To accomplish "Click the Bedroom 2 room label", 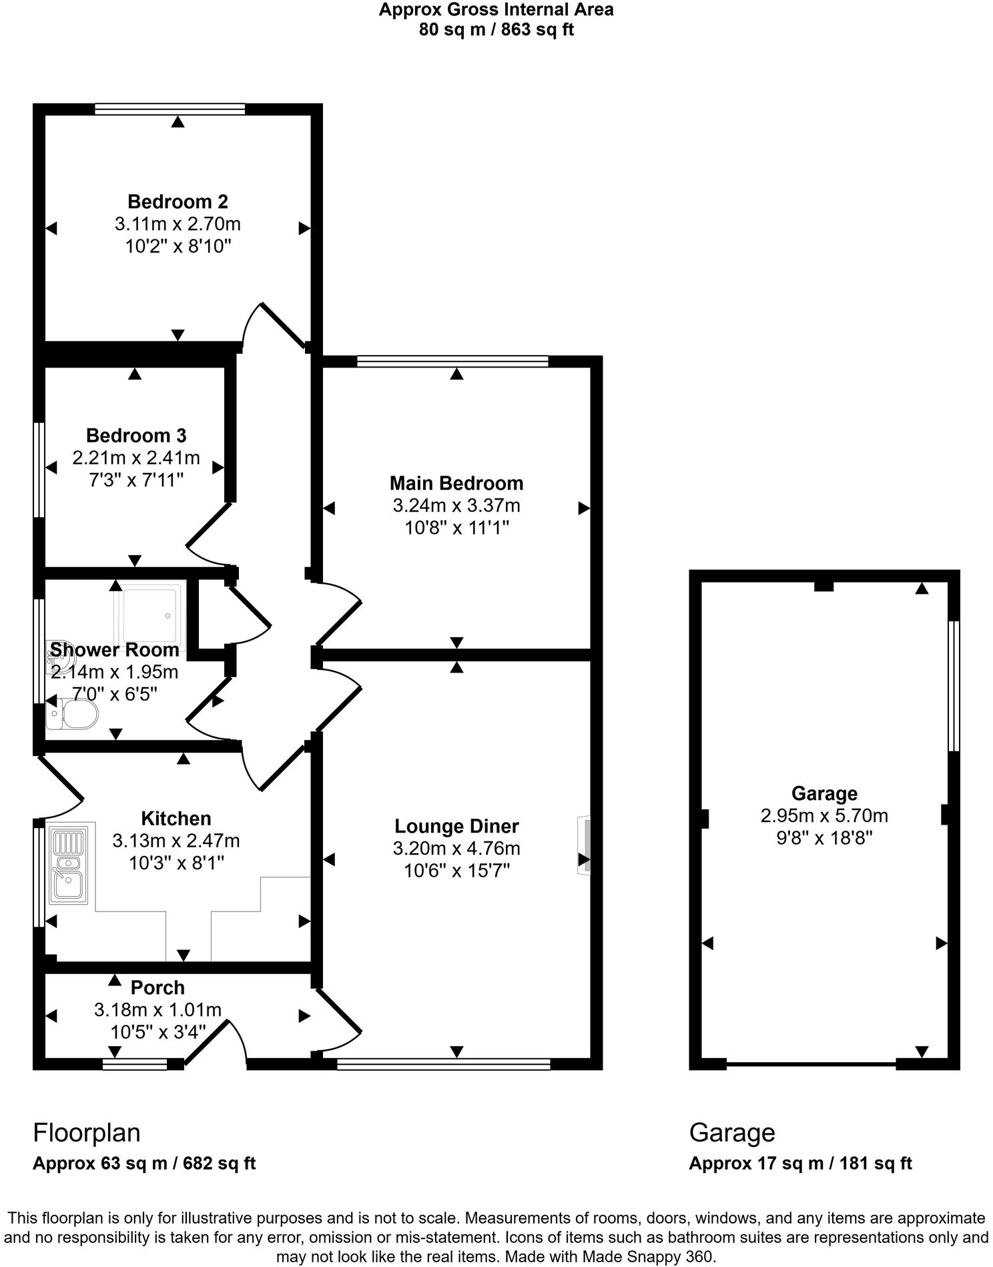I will tap(178, 201).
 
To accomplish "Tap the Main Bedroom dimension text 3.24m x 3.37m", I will tap(456, 506).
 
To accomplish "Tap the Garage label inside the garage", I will tap(824, 793).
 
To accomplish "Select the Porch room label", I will tap(157, 987).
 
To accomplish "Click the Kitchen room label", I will tap(176, 819).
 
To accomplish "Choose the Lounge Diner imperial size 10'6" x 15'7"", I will tap(456, 871).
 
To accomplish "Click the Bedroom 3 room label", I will tap(136, 436).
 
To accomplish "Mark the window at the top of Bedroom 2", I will tap(170, 109).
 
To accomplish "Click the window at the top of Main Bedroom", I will tap(452, 362).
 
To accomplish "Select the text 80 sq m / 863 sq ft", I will tap(496, 30).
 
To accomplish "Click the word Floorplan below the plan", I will tap(87, 1133).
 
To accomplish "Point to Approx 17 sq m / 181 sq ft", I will tap(800, 1164).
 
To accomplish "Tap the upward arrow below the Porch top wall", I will tap(115, 980).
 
